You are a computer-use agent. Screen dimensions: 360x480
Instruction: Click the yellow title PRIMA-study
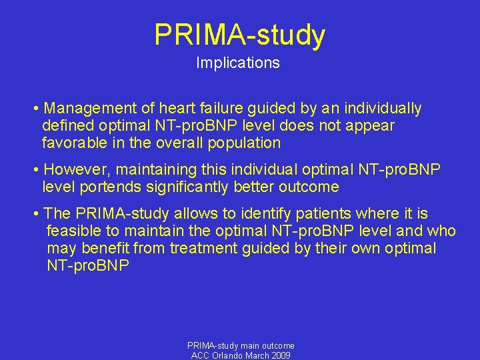[x=240, y=35]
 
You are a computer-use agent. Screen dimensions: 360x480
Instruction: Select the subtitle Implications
[x=238, y=63]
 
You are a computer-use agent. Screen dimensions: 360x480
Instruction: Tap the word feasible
[x=71, y=231]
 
